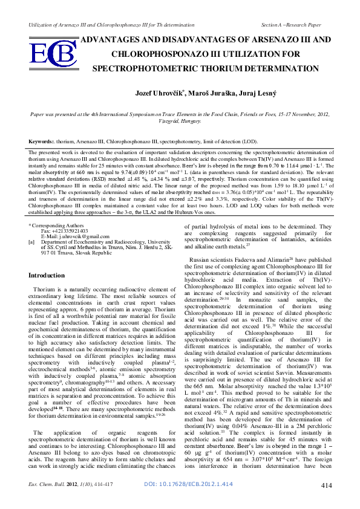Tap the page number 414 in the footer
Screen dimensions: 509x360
(326, 501)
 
